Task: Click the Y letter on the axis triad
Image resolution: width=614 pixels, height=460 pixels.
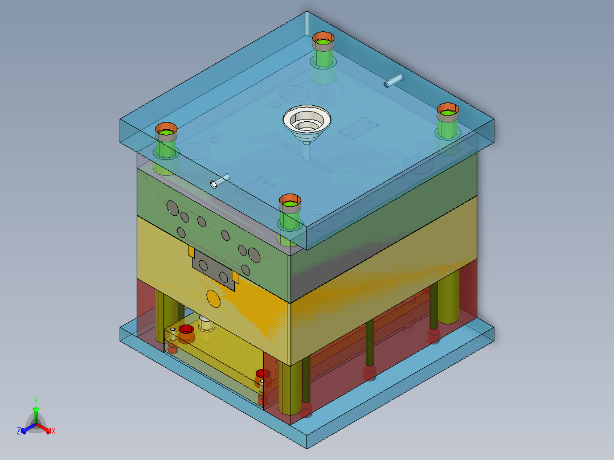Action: tap(36, 400)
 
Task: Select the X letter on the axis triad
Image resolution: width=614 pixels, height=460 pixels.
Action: tap(54, 431)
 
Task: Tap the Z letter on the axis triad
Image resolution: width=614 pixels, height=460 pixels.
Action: tap(19, 431)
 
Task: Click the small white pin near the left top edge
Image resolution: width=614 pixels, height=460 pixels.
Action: tap(220, 181)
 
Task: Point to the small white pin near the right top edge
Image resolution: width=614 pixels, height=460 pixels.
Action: tap(394, 81)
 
